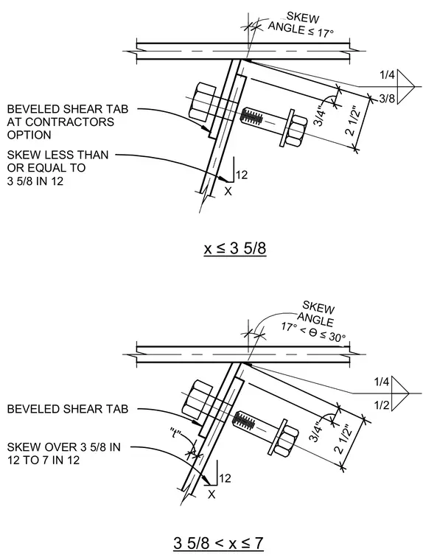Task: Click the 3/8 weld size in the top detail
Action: [x=387, y=98]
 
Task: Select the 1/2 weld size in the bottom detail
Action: [x=382, y=405]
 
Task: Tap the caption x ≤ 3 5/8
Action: [x=235, y=248]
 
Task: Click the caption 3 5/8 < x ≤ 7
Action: [x=218, y=544]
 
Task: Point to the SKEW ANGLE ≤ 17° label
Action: [x=302, y=24]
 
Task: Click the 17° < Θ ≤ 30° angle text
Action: [x=313, y=332]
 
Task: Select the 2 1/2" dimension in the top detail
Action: [x=352, y=121]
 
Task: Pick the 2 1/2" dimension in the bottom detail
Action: [x=343, y=438]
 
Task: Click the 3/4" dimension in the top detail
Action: [x=319, y=116]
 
